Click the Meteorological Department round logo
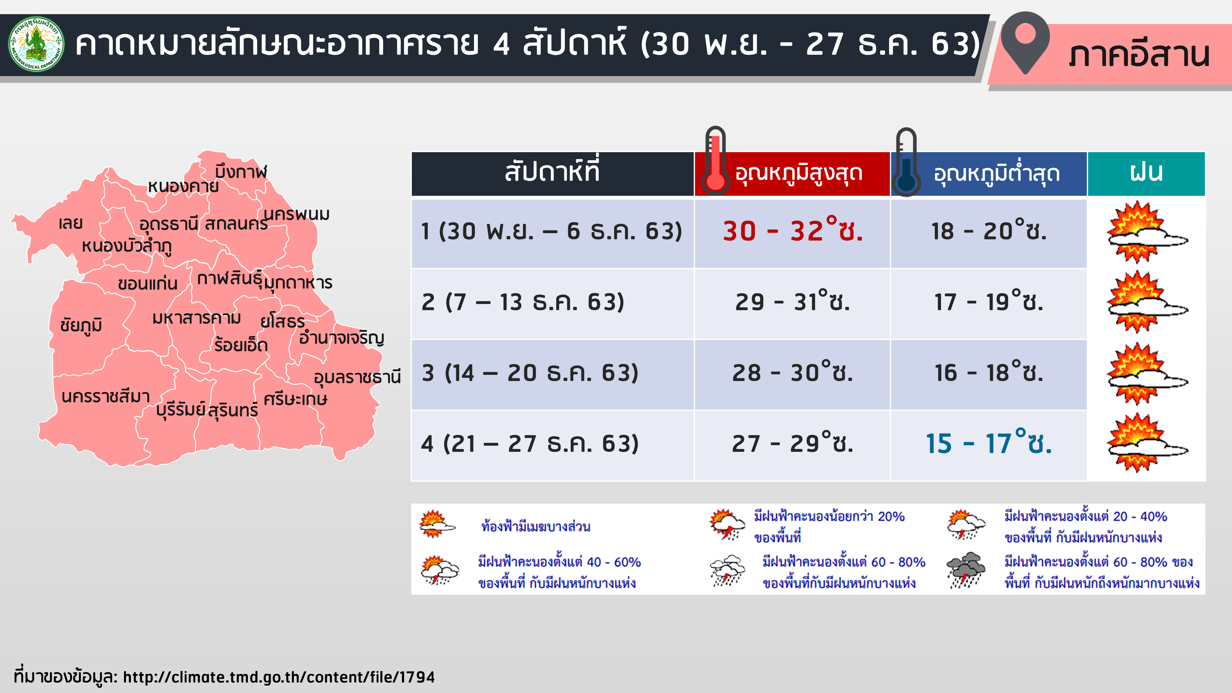(36, 44)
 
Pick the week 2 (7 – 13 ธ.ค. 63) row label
(523, 302)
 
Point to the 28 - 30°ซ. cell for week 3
(792, 372)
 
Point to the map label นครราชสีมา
(106, 396)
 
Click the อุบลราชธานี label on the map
(357, 377)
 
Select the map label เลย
(71, 223)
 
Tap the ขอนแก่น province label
(148, 283)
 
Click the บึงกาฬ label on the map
(241, 171)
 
